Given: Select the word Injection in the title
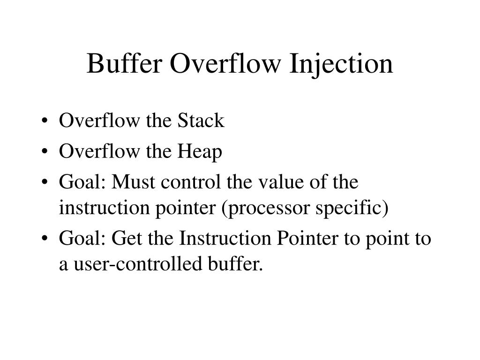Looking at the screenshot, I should [x=341, y=64].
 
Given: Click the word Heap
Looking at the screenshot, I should [x=200, y=151].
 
